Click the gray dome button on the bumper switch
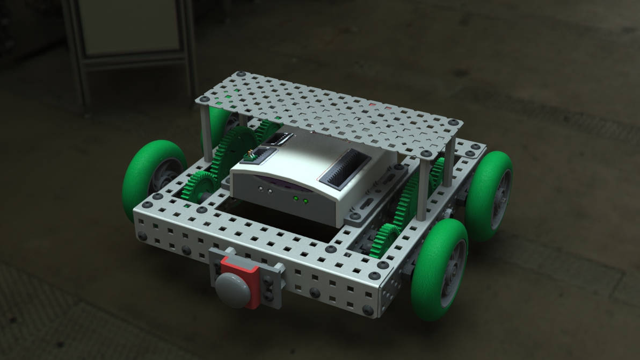(x=234, y=289)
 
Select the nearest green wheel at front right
(x=438, y=269)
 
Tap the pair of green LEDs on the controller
(x=300, y=201)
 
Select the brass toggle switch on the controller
(x=250, y=155)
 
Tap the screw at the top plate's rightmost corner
(x=454, y=123)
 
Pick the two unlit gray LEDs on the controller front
(x=264, y=189)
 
